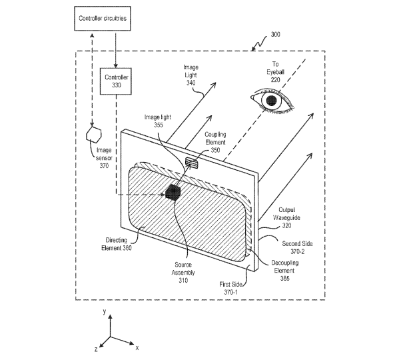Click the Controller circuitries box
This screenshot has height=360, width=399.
pos(103,19)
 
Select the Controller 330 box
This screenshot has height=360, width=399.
pos(116,81)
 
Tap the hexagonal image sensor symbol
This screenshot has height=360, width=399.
pos(94,134)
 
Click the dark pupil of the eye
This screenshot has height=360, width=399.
pos(272,100)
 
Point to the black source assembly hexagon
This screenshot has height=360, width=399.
pos(173,192)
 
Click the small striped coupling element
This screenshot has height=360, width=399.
pos(192,163)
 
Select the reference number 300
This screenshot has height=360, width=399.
pos(275,35)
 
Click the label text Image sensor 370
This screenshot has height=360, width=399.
pos(104,158)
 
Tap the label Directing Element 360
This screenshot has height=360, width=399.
pos(117,244)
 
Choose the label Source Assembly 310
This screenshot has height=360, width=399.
pos(183,273)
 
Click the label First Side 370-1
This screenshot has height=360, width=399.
pos(230,288)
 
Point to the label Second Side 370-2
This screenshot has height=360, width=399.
pos(297,247)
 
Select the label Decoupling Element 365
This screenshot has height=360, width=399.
pos(284,271)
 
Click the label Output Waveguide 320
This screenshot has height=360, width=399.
pos(286,218)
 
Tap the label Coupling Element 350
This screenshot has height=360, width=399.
pos(215,142)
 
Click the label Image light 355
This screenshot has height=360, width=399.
pos(158,121)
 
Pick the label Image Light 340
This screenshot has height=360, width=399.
pos(191,75)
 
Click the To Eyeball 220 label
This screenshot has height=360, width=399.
pos(275,72)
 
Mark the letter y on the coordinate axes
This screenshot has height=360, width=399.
pos(105,311)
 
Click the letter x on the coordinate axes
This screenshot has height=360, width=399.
pos(137,348)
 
